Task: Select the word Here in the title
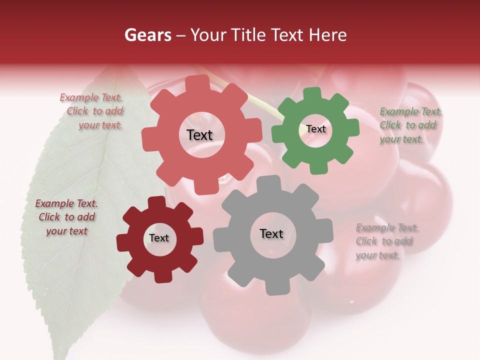[328, 35]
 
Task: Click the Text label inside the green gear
[316, 129]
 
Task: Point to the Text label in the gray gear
[271, 233]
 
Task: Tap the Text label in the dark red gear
[159, 238]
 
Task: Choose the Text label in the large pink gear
[199, 135]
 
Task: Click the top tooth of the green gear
[312, 93]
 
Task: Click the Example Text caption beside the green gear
[410, 125]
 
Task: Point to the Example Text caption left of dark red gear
[66, 217]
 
